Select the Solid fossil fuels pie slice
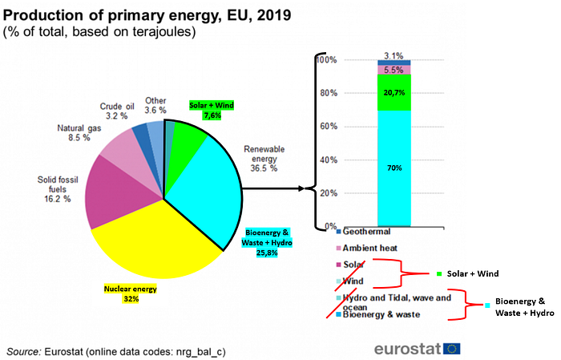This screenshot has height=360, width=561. [x=115, y=190]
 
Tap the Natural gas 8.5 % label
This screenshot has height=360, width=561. [x=79, y=133]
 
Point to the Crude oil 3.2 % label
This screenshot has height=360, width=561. [x=117, y=111]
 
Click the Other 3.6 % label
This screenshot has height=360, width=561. [x=155, y=105]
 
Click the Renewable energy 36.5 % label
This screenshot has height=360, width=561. [x=264, y=159]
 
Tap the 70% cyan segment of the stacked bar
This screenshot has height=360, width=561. [x=394, y=168]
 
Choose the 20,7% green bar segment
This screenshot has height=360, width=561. [x=394, y=93]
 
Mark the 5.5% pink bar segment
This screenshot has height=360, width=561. [x=394, y=70]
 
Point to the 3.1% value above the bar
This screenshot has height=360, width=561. [x=394, y=56]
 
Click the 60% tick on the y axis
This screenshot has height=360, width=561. [x=329, y=127]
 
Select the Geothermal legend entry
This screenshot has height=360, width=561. [x=364, y=232]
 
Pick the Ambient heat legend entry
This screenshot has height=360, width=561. [x=367, y=248]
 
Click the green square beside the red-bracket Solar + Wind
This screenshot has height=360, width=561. [x=439, y=274]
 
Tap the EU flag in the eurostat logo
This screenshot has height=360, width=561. [x=452, y=349]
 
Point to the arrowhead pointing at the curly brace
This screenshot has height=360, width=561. [x=301, y=188]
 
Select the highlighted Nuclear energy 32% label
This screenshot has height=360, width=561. [x=131, y=293]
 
